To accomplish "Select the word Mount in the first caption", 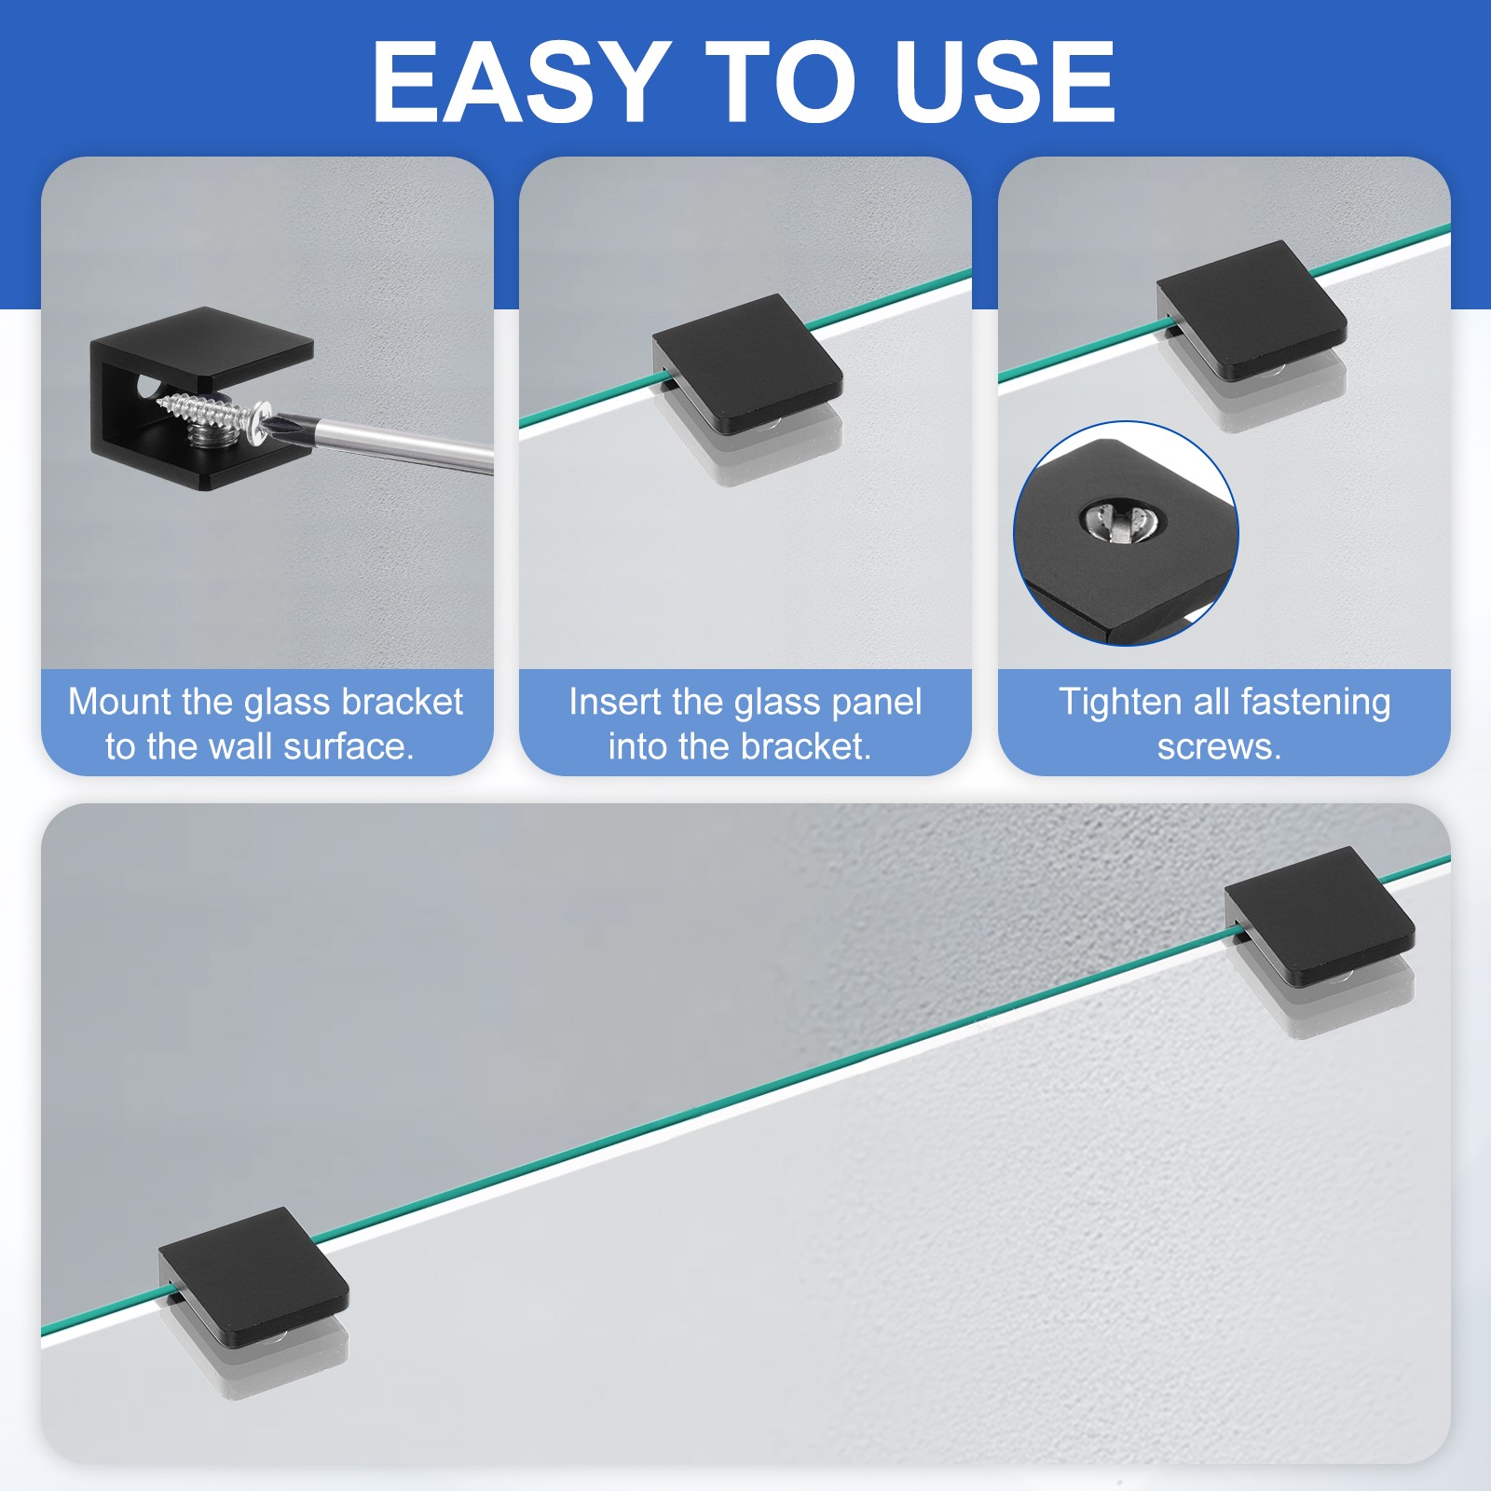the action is point(120,702).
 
